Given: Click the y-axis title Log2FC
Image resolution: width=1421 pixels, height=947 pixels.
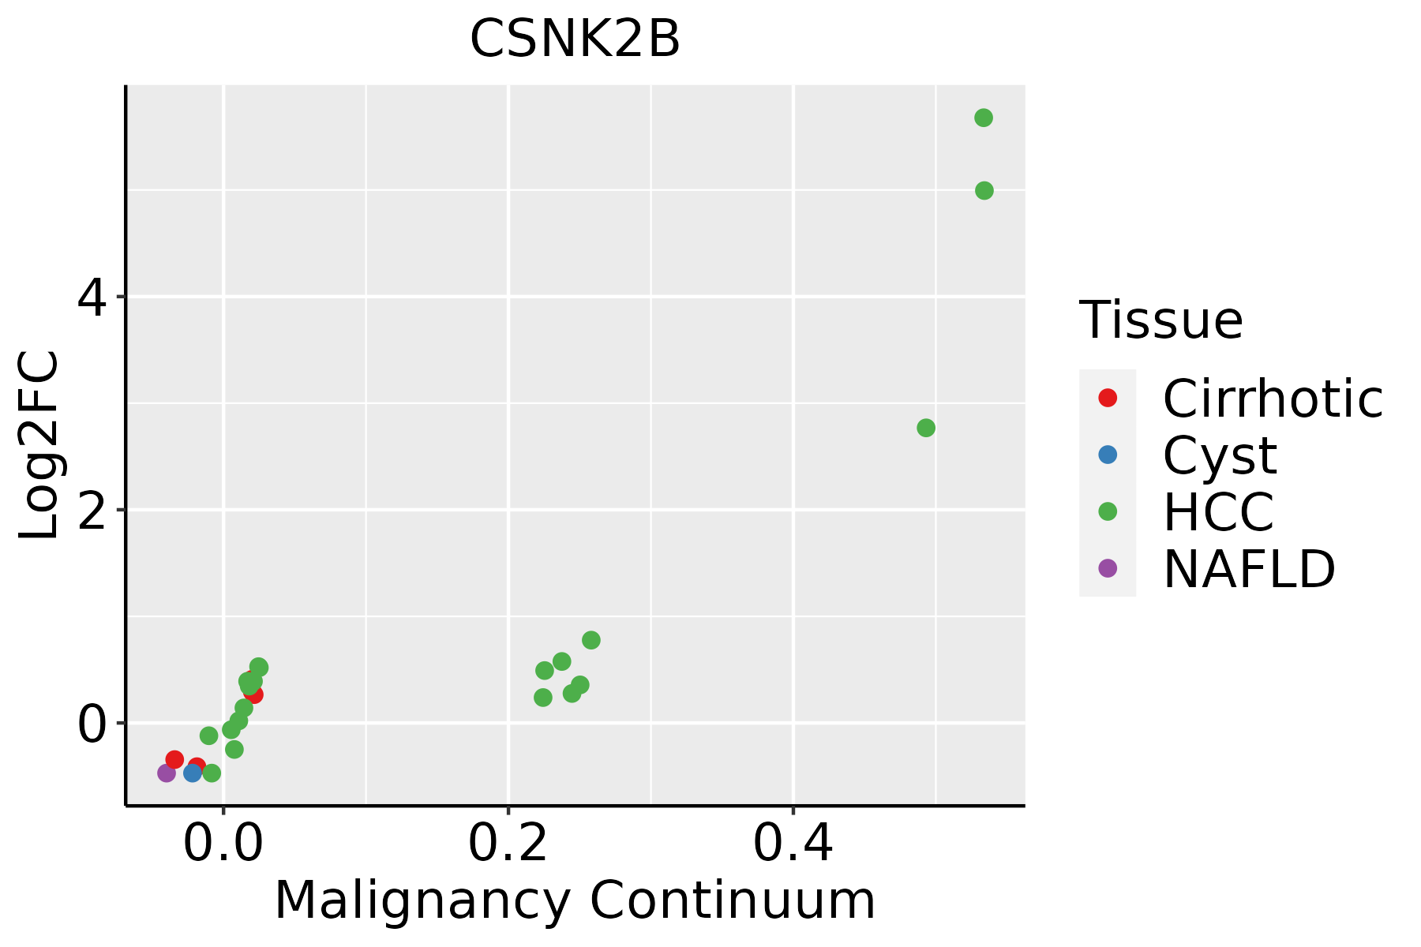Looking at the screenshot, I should pos(39,446).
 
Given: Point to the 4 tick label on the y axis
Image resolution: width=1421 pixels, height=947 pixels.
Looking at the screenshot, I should pos(92,298).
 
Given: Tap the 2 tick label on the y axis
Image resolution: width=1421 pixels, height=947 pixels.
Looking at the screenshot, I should pos(92,511).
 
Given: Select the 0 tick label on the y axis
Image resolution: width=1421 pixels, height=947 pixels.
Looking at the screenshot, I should pos(92,724).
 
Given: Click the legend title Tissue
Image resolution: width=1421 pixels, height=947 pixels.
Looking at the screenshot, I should pos(1161,320).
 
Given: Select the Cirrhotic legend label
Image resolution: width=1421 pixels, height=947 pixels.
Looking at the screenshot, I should pos(1273,399).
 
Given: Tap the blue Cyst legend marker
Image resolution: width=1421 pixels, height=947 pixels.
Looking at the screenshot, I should pos(1108,455).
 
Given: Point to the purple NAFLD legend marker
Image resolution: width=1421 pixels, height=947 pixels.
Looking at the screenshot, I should pos(1108,567).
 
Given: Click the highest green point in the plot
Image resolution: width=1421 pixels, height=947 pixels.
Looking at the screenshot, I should pos(984,118).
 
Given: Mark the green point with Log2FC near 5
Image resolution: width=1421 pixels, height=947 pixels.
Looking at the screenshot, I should pos(984,191).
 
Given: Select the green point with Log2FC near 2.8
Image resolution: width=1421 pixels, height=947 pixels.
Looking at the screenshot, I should pos(926,428).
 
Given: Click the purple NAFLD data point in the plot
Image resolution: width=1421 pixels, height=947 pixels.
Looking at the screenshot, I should pos(167,773).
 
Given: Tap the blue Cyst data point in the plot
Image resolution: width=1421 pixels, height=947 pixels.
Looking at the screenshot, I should pos(193,773).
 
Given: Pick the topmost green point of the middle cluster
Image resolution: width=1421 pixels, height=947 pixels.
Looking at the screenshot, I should pos(591,640).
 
